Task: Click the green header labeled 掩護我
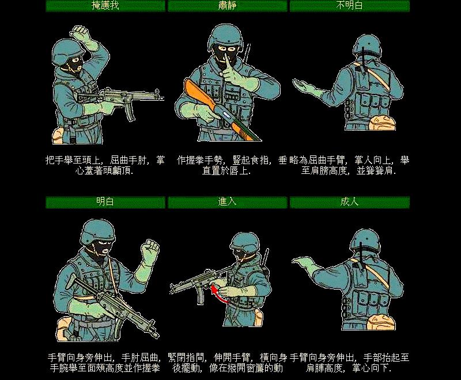tap(105, 6)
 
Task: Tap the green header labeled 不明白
tap(349, 6)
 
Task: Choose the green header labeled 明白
tap(105, 202)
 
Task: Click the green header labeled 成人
tap(349, 202)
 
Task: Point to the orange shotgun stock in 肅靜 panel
tap(196, 94)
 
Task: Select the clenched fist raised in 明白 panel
tap(151, 249)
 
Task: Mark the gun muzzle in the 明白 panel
tap(155, 334)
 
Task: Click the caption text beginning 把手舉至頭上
tap(105, 165)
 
